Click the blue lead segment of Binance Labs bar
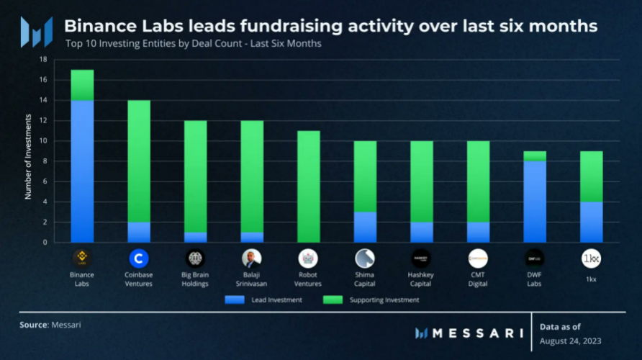(82, 171)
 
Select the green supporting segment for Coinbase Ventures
(138, 161)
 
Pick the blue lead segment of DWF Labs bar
(534, 202)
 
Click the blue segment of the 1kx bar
(591, 222)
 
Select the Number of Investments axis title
(29, 151)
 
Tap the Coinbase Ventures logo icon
(138, 258)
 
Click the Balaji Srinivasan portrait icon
(251, 258)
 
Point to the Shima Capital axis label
(365, 279)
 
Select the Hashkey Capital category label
(421, 279)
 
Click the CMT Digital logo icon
(478, 258)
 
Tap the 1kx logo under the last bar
(591, 258)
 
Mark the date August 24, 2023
(571, 341)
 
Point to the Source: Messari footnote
(50, 325)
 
